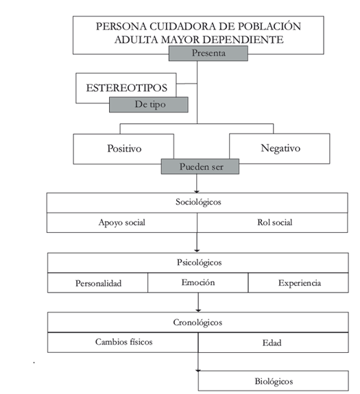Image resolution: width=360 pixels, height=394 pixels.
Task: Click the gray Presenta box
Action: coord(208,53)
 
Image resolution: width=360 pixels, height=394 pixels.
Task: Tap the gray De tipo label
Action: coord(149,105)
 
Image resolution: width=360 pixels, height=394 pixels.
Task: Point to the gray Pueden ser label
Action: coord(200,167)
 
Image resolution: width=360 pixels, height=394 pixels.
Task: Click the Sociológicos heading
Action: coord(197,203)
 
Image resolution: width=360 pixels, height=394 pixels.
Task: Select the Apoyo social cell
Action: coord(122,223)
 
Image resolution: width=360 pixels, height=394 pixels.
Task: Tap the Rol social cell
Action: coord(272,223)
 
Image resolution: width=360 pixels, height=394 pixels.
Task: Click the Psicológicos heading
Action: coord(198,262)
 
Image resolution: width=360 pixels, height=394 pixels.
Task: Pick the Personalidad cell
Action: coord(98,283)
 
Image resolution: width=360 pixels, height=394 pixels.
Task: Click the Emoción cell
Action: coord(198,283)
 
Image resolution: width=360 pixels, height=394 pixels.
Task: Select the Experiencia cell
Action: coord(298,283)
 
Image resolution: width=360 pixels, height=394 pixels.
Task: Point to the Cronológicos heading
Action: coord(198,322)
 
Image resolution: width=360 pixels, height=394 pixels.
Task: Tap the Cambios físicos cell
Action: coord(123,343)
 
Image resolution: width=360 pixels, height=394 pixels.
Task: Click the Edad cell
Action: coord(274,343)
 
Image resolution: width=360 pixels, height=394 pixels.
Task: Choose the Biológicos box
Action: coord(274,381)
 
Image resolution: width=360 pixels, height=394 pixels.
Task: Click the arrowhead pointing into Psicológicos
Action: coord(197,251)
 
